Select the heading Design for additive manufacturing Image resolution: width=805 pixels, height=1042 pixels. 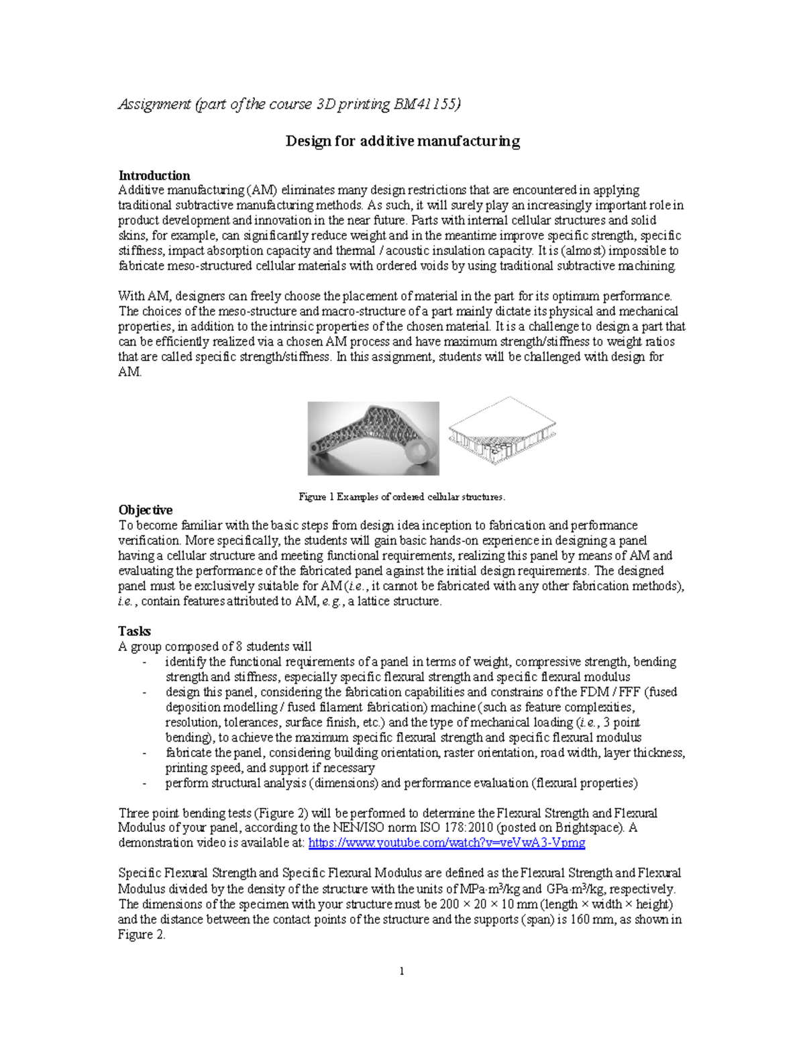[x=402, y=141]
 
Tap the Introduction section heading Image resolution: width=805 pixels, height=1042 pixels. [x=154, y=176]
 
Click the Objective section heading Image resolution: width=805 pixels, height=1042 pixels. [x=145, y=510]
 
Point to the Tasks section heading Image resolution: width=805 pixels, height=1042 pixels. [x=134, y=631]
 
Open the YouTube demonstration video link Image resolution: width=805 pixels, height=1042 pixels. [x=447, y=843]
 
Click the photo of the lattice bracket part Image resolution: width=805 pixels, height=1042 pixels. [x=373, y=438]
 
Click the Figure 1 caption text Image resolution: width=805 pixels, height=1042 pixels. [x=402, y=497]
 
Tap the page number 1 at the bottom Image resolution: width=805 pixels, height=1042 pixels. [x=401, y=971]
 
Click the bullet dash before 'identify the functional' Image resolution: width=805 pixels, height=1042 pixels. [x=144, y=662]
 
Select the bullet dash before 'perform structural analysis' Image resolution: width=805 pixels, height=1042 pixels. [x=144, y=784]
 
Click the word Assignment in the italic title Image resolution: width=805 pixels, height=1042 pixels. [x=154, y=104]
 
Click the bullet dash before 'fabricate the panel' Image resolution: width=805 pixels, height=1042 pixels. [x=144, y=753]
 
